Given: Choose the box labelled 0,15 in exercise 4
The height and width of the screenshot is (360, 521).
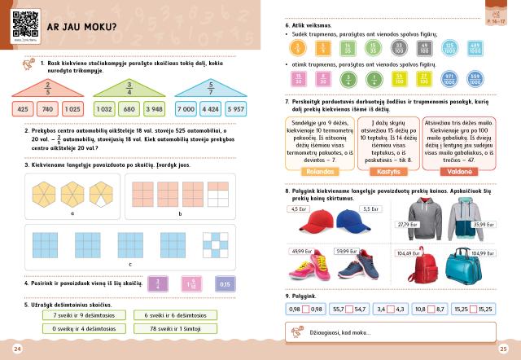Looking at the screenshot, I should pos(225,284).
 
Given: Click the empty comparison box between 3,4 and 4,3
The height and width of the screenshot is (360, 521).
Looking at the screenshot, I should pos(391,310).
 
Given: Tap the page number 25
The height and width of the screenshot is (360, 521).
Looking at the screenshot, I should pos(503,349).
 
